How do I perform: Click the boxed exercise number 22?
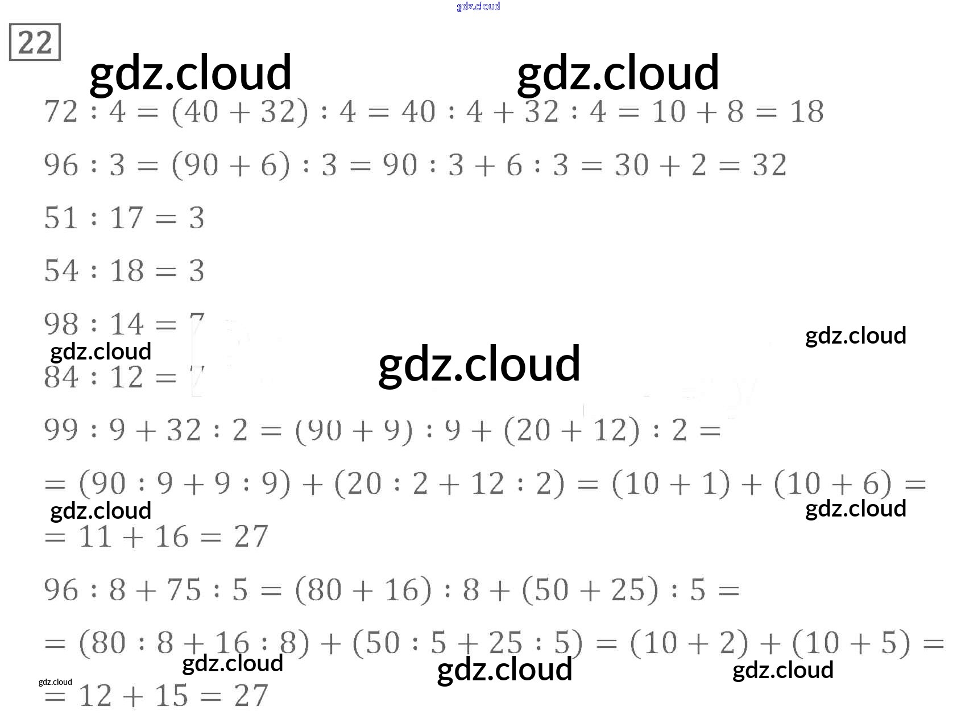point(35,43)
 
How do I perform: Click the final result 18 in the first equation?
point(806,112)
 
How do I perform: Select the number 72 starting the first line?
point(61,112)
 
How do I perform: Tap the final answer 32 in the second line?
point(769,166)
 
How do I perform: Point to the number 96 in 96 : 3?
point(61,166)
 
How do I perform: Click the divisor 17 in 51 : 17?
point(127,218)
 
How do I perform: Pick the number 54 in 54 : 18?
point(61,271)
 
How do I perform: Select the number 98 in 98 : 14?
point(61,325)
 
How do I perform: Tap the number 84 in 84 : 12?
point(61,378)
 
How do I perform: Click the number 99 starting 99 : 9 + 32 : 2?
point(61,430)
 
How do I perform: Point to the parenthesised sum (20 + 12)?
point(572,430)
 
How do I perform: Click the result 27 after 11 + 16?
point(251,537)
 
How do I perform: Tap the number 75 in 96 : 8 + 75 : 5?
point(184,590)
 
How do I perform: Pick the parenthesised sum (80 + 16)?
point(363,590)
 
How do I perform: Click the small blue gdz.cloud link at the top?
point(478,6)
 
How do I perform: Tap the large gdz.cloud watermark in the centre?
point(479,364)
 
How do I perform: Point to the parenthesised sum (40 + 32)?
point(240,112)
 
